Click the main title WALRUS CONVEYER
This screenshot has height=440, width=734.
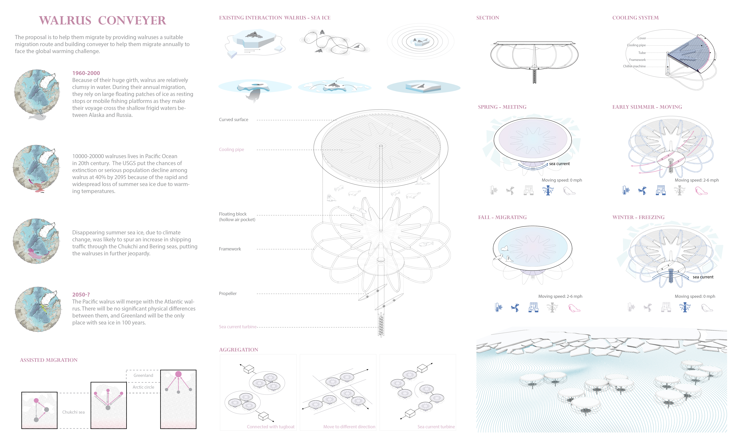tap(103, 20)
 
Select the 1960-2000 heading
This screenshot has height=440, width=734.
tap(86, 73)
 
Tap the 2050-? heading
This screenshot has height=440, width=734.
tap(81, 294)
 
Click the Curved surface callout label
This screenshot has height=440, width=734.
tap(233, 119)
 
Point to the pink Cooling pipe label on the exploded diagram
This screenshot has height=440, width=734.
tap(231, 149)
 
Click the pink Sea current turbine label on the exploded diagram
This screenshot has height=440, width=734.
tap(238, 327)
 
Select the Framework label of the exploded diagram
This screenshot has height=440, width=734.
tap(230, 249)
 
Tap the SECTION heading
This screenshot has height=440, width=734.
tap(488, 18)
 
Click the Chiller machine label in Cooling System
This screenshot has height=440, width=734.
tap(634, 66)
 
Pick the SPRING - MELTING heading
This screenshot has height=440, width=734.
tap(502, 107)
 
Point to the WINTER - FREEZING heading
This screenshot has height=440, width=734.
tap(639, 217)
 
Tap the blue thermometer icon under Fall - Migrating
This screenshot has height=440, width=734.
tap(498, 307)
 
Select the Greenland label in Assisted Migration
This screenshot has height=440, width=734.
tap(143, 375)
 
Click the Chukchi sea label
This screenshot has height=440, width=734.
tap(73, 412)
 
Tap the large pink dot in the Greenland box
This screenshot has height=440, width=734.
tap(178, 374)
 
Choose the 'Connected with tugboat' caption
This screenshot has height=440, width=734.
tap(271, 427)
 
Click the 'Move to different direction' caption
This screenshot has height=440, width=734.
tap(349, 427)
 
